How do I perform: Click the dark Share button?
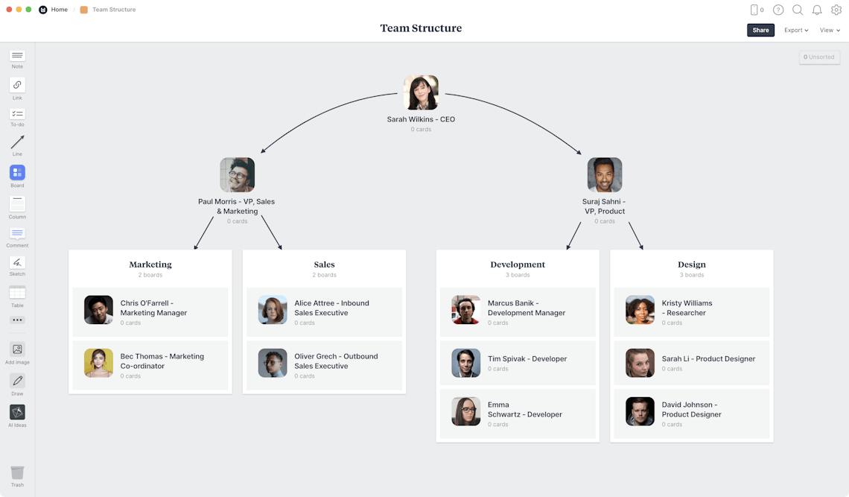point(760,31)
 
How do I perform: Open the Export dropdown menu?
point(796,31)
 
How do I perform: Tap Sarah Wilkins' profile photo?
point(421,92)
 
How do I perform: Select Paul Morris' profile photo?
point(237,175)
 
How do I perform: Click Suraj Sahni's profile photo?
point(604,175)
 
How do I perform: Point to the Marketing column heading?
point(150,265)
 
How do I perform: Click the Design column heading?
point(691,265)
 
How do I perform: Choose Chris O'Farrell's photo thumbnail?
point(98,310)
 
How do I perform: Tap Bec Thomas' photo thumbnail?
point(98,363)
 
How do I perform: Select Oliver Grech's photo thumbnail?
point(273,363)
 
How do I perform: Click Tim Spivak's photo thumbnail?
point(465,363)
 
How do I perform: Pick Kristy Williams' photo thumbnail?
point(640,310)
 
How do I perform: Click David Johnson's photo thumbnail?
point(640,411)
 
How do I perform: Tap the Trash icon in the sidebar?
point(17,472)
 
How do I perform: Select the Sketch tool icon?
point(17,262)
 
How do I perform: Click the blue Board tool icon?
point(17,172)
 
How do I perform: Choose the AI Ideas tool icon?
point(17,412)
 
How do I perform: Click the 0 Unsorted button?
point(819,57)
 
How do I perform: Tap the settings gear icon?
point(836,10)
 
